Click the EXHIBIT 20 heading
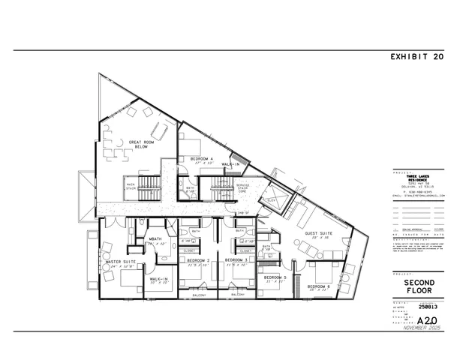(x=418, y=56)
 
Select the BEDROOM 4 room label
(x=201, y=159)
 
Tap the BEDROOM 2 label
(x=196, y=259)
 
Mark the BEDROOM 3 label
(x=236, y=259)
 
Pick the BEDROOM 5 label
(x=275, y=277)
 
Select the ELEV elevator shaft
(x=271, y=200)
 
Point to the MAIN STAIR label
(x=131, y=186)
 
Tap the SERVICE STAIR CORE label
(x=242, y=187)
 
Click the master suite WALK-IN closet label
(x=158, y=279)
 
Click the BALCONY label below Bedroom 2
(x=197, y=295)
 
